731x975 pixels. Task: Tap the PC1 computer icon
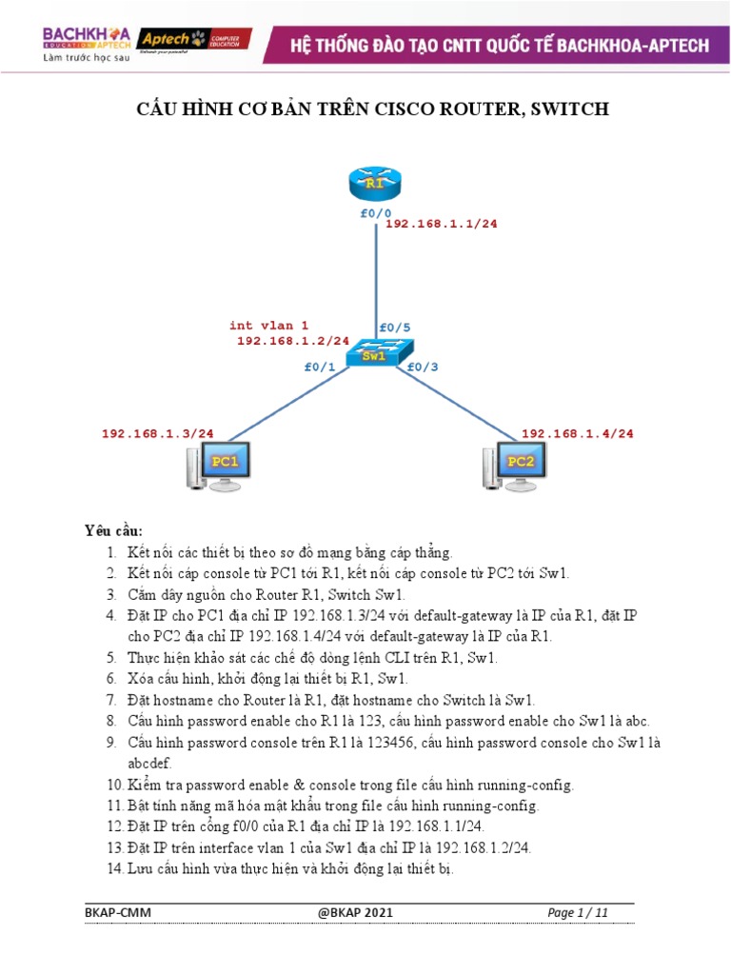(x=218, y=466)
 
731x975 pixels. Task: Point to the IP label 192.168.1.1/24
(x=441, y=224)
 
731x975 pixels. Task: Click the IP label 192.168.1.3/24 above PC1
(x=158, y=433)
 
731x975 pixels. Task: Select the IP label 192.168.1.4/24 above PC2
(x=578, y=433)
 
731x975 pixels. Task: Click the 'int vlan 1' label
(x=268, y=326)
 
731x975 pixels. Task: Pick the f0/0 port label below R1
(x=375, y=213)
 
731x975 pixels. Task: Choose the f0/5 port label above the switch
(x=395, y=328)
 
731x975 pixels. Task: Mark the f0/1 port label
(x=320, y=367)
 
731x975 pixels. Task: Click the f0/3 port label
(x=423, y=367)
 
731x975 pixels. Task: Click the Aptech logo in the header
(x=193, y=40)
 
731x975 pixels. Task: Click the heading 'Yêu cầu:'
(x=113, y=529)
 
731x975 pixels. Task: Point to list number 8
(x=111, y=721)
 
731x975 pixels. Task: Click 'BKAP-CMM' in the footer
(x=118, y=913)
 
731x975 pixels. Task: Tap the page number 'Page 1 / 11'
(x=578, y=913)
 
